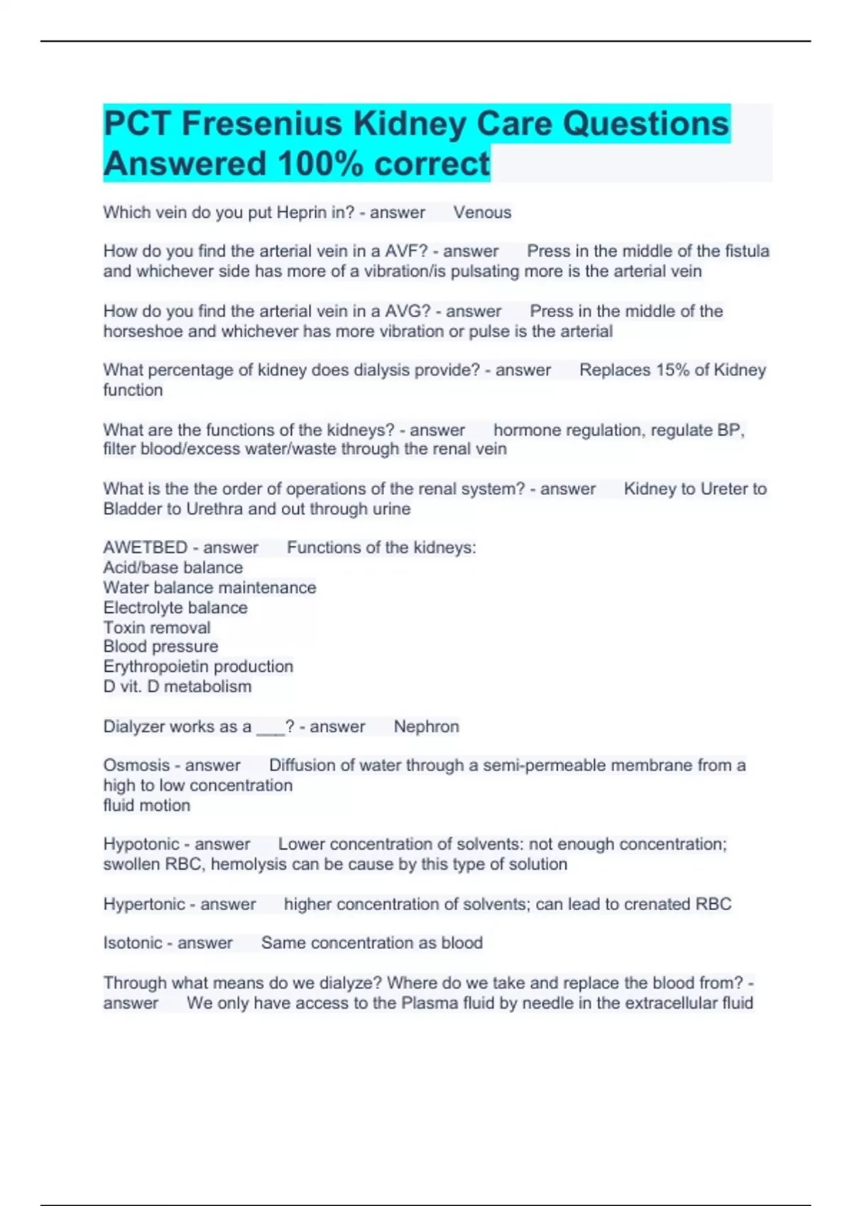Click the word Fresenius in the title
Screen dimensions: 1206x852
262,123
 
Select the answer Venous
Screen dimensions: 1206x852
482,213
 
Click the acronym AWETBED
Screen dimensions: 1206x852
145,548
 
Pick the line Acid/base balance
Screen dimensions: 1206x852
173,568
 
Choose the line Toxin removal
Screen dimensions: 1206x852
157,627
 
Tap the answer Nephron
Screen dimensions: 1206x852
426,726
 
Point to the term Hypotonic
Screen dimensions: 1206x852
140,844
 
